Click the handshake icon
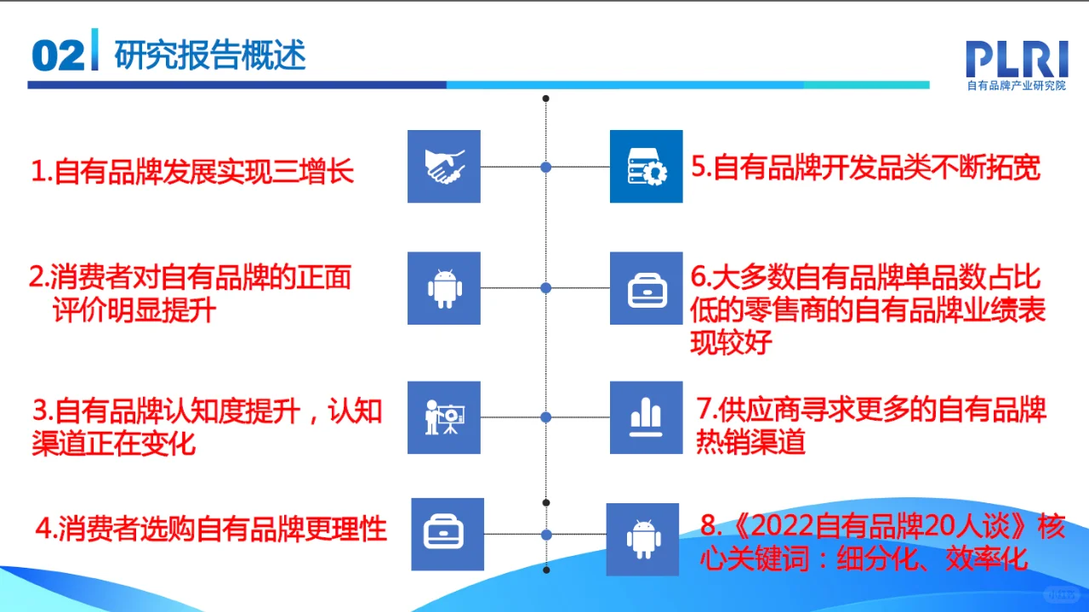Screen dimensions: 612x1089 pyautogui.click(x=444, y=167)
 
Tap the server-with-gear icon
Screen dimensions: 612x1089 pyautogui.click(x=646, y=167)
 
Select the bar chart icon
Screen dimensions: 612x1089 pyautogui.click(x=646, y=417)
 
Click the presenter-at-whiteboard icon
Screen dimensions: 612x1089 pyautogui.click(x=444, y=417)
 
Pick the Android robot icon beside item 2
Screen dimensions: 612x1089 pyautogui.click(x=444, y=288)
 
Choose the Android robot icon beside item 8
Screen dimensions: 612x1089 pyautogui.click(x=642, y=539)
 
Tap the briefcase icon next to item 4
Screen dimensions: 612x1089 pyautogui.click(x=448, y=534)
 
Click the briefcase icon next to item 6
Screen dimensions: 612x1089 pyautogui.click(x=646, y=288)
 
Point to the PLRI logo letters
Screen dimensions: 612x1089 pyautogui.click(x=1016, y=59)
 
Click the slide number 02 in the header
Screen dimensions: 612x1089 pyautogui.click(x=58, y=56)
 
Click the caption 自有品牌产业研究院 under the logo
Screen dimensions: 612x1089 pyautogui.click(x=1016, y=86)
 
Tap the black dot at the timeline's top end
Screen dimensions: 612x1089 pyautogui.click(x=546, y=99)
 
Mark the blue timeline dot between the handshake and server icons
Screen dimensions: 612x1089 pyautogui.click(x=546, y=167)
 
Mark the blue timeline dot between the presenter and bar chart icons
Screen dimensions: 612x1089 pyautogui.click(x=546, y=417)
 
